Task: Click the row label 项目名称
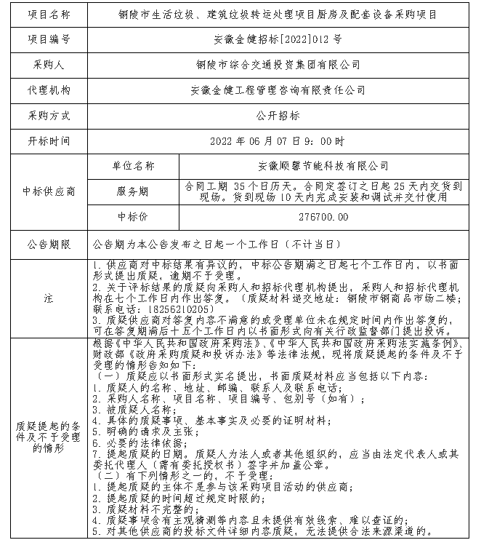point(49,13)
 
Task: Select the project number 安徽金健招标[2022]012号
point(278,39)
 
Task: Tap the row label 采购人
point(49,64)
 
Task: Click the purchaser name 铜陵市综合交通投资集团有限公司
point(278,64)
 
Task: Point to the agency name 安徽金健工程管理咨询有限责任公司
point(278,90)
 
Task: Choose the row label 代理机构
point(49,90)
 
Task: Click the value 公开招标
point(278,115)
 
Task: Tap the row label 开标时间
point(49,140)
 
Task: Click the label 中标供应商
point(49,191)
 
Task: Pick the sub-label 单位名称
point(133,166)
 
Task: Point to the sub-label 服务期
point(133,191)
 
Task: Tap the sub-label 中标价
point(133,217)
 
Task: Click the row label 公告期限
point(49,243)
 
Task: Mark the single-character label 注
point(49,298)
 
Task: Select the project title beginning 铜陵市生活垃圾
point(278,13)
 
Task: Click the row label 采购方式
point(49,115)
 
